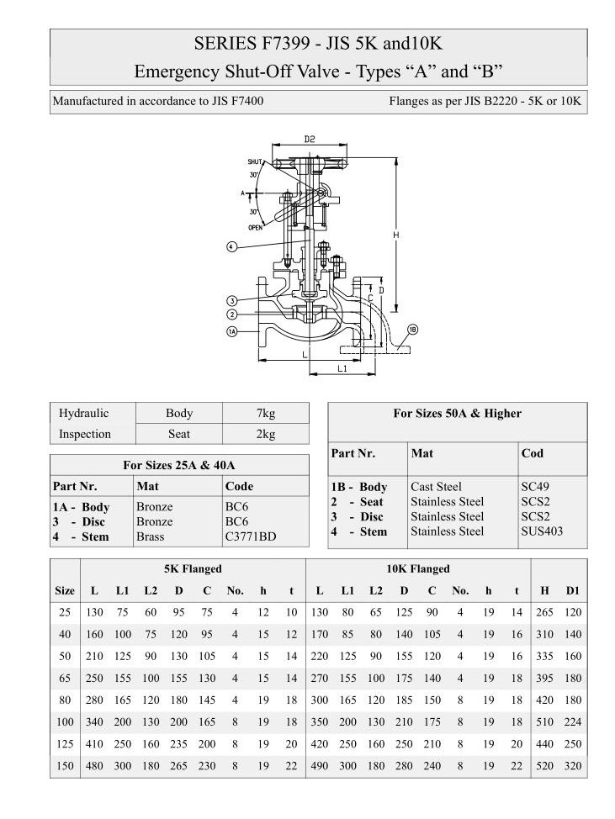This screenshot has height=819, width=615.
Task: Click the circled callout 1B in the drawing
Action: pos(412,329)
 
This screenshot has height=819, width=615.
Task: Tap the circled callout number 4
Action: pos(231,246)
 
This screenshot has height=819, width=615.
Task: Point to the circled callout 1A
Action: pos(231,332)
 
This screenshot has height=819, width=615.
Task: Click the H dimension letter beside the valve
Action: pos(395,235)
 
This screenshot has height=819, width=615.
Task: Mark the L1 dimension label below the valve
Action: pos(342,368)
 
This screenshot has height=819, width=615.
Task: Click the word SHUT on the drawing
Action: pos(256,161)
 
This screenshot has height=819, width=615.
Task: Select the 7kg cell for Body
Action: pos(265,414)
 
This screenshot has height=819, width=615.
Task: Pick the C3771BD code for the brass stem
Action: pos(251,536)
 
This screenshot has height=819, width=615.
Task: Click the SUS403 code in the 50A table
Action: pos(542,531)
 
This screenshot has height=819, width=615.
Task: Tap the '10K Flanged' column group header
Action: pos(417,568)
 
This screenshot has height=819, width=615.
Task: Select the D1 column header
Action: pos(573,590)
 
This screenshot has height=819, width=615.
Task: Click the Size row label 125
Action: pos(65,743)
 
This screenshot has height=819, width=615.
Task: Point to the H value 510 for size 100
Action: pos(545,721)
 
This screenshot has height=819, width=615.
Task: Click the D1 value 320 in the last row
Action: pos(573,765)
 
